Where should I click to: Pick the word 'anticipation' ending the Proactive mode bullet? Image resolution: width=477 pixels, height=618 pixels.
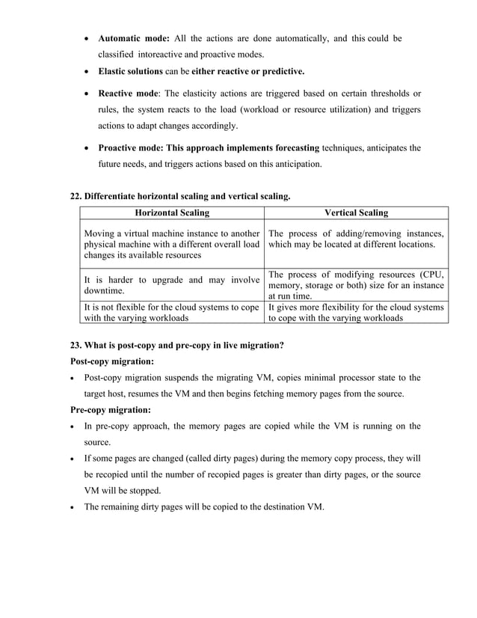pyautogui.click(x=297, y=164)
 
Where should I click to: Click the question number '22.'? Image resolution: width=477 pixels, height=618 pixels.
pyautogui.click(x=76, y=197)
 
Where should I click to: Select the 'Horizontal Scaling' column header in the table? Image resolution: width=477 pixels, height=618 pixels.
pyautogui.click(x=172, y=213)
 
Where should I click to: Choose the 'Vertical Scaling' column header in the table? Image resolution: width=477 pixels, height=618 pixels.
pyautogui.click(x=356, y=213)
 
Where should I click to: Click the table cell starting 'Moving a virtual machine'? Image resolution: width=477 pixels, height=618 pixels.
pyautogui.click(x=172, y=244)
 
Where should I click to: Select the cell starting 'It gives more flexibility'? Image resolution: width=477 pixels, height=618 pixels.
pyautogui.click(x=356, y=312)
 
